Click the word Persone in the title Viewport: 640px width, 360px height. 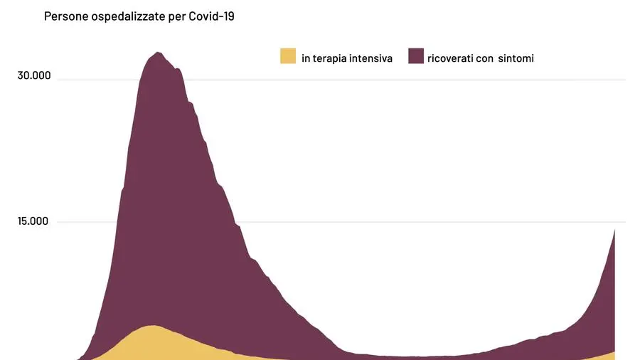point(65,16)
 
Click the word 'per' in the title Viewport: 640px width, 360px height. point(175,16)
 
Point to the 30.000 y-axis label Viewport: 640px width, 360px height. point(34,75)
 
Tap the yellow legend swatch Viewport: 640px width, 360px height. point(288,56)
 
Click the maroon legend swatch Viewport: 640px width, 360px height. point(416,56)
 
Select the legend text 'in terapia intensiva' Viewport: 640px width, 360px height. point(346,58)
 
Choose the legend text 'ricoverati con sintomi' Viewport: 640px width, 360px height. point(481,58)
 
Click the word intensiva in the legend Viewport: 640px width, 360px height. point(370,58)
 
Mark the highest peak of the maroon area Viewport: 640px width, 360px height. point(158,53)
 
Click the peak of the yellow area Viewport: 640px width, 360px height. point(153,326)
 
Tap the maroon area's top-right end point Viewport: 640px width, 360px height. point(614,230)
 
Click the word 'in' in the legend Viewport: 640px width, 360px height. point(306,58)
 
